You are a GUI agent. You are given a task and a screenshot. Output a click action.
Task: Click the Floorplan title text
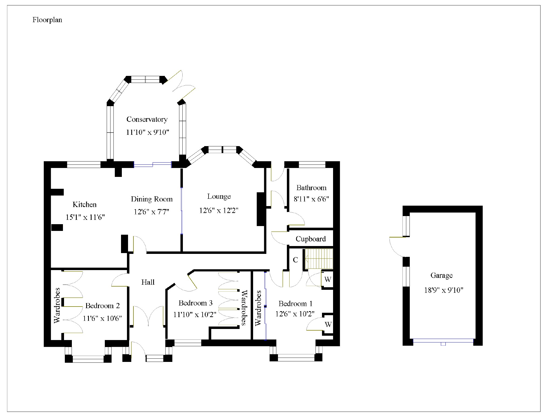click(47, 20)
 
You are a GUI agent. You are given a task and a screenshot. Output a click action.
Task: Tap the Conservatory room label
click(147, 119)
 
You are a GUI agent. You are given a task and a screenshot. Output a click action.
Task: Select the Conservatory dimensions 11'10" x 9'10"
click(147, 132)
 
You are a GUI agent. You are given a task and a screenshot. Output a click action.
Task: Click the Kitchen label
click(85, 204)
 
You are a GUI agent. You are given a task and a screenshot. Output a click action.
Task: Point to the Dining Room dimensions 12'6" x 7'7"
click(151, 212)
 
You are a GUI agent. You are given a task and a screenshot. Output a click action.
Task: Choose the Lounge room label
click(219, 197)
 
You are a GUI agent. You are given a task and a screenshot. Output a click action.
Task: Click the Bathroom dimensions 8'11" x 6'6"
click(311, 199)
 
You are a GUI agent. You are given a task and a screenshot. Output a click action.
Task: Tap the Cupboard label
click(311, 239)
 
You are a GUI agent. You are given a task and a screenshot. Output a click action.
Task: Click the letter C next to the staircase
click(296, 260)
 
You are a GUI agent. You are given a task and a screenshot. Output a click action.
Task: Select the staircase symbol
click(319, 259)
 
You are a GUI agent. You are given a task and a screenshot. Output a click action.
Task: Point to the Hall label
click(148, 282)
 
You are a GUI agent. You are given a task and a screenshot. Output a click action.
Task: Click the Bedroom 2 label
click(102, 306)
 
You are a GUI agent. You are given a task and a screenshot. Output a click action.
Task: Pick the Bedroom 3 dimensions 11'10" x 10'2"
click(194, 315)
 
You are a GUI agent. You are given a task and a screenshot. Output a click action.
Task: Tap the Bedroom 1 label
click(296, 304)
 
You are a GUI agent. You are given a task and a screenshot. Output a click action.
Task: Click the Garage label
click(441, 276)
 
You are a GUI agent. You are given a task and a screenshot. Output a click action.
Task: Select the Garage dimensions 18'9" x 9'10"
click(444, 290)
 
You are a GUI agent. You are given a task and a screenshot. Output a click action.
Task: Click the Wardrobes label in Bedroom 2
click(57, 305)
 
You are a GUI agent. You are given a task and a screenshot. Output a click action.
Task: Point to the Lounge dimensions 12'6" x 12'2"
click(219, 210)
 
